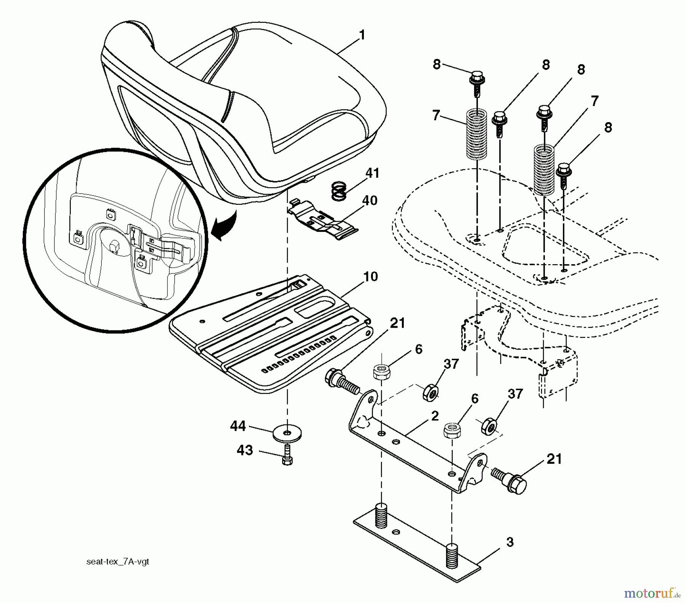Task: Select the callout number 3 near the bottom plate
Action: point(510,542)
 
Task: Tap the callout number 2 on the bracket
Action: point(435,416)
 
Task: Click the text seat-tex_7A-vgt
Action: point(118,562)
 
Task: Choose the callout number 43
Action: point(245,450)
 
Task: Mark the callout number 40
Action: point(370,201)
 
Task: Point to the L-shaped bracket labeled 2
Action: point(419,442)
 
